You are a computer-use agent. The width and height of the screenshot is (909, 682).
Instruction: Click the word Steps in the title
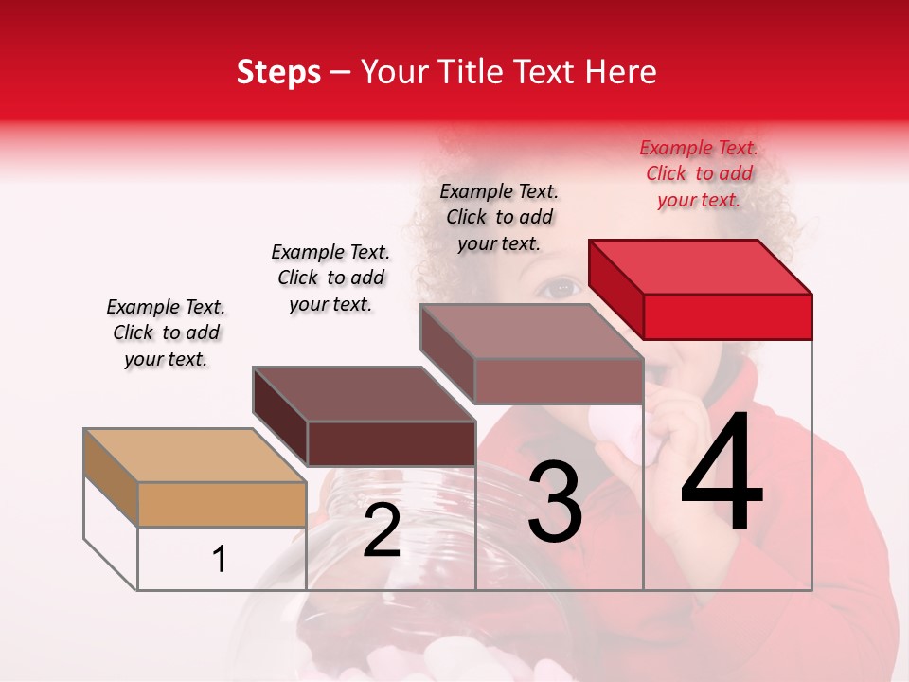[x=278, y=72]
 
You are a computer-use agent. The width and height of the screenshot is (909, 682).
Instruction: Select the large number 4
[x=722, y=474]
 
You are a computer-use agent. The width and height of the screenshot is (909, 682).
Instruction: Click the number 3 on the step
[x=554, y=502]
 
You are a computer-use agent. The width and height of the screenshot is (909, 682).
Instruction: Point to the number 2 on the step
[x=382, y=530]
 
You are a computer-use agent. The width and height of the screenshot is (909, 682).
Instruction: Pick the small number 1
[x=220, y=559]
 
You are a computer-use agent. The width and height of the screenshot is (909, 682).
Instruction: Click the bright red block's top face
[x=701, y=267]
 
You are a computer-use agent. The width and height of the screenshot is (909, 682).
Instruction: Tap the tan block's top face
[x=195, y=456]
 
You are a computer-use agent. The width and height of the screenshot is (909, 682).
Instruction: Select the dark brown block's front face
[x=391, y=443]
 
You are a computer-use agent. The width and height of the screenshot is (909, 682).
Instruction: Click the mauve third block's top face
[x=531, y=332]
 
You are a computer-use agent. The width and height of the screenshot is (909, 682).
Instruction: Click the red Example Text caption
[x=699, y=173]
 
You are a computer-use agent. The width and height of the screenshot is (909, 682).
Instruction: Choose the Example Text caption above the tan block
[x=166, y=332]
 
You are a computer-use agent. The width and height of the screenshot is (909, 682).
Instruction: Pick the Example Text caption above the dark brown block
[x=330, y=278]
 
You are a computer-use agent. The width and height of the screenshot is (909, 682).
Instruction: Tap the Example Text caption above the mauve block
[x=499, y=217]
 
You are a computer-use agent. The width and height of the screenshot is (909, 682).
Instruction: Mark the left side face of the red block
[x=615, y=289]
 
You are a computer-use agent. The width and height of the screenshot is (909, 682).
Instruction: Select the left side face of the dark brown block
[x=280, y=415]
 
